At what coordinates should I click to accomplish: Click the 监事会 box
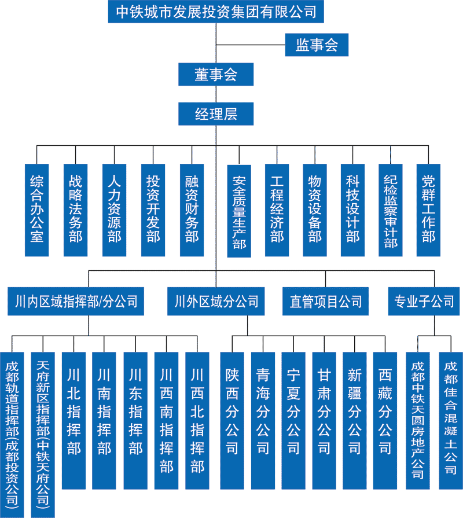pos(317,45)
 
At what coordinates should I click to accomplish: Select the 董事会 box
pos(216,75)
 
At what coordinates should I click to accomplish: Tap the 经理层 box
pos(216,113)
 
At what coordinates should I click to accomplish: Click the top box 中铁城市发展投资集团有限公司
pos(216,12)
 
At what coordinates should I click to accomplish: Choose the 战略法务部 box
pos(75,210)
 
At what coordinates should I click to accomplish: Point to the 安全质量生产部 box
pos(240,210)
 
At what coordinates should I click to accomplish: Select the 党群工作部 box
pos(428,210)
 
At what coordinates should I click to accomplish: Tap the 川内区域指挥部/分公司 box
pos(76,302)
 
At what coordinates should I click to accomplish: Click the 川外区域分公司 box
pos(216,302)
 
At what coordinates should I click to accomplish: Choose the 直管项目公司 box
pos(325,302)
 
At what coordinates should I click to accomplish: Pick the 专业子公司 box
pos(424,302)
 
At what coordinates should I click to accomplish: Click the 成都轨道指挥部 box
pos(12,434)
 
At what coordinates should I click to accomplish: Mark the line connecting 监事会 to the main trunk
pos(251,45)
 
